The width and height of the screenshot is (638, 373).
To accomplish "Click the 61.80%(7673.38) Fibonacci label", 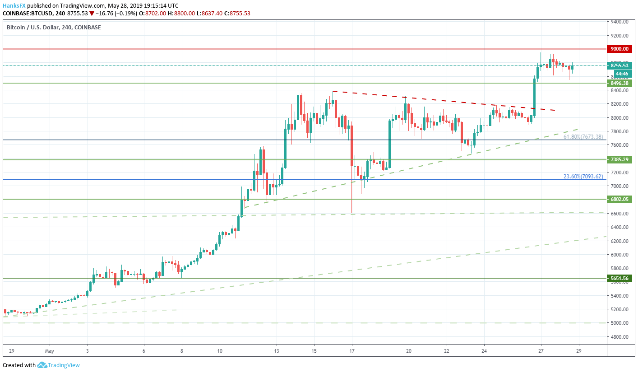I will coord(583,137).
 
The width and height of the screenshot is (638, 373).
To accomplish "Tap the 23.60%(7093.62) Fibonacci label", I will coord(583,177).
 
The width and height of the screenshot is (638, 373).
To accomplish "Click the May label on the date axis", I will coord(50,350).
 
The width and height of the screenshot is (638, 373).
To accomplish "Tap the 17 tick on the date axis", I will coord(352,350).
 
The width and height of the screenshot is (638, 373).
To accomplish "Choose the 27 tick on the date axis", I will coord(541,350).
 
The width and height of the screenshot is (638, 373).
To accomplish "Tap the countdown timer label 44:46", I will coord(622,74).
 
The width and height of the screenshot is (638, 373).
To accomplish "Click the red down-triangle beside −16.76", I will coord(92,14).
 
